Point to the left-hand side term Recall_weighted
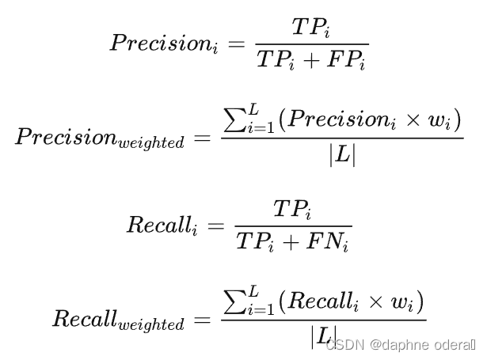click(118, 319)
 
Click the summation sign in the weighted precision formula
click(234, 121)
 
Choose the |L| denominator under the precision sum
click(342, 155)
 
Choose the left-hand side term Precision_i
click(168, 44)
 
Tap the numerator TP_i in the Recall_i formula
click(292, 210)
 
